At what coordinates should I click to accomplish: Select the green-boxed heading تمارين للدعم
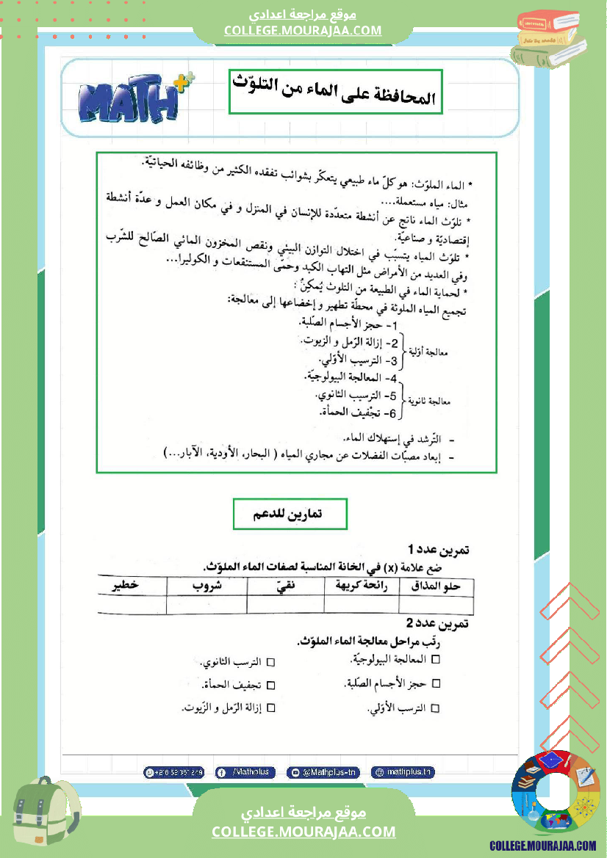(x=290, y=515)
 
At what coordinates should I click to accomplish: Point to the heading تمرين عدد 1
(x=439, y=550)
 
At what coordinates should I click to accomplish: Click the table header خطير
(x=126, y=586)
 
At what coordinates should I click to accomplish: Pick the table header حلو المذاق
(x=437, y=586)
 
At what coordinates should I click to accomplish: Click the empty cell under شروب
(x=207, y=605)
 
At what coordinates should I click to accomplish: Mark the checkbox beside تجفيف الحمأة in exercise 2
(x=270, y=685)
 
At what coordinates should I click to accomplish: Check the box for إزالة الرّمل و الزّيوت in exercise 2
(x=270, y=708)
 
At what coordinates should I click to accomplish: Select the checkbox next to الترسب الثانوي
(x=270, y=662)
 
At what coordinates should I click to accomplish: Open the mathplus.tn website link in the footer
(x=403, y=772)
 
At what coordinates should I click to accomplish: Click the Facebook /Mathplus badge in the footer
(x=245, y=772)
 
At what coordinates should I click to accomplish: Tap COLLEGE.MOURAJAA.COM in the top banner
(x=303, y=30)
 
